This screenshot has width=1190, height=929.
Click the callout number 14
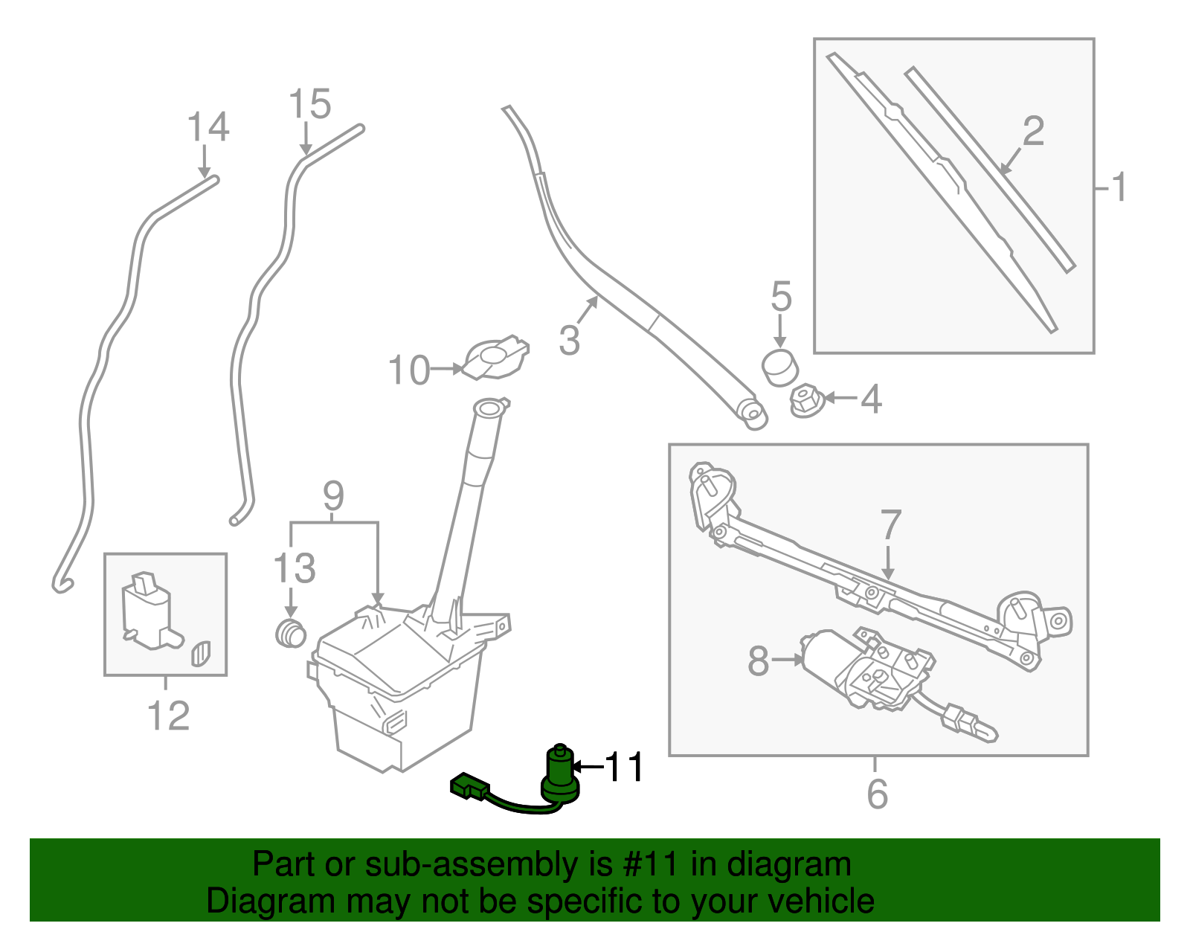tap(208, 127)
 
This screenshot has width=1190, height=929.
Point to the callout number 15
tap(309, 105)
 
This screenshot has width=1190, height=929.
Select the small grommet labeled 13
tap(291, 633)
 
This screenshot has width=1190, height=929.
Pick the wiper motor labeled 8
tap(863, 666)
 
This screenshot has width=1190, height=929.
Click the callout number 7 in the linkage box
tap(890, 525)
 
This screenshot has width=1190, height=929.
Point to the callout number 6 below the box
tap(877, 794)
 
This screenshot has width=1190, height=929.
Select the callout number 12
tap(169, 716)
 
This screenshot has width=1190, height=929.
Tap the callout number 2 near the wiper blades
tap(1033, 132)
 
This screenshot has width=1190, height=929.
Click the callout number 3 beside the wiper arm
tap(569, 340)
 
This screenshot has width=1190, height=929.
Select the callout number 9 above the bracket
tap(333, 496)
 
